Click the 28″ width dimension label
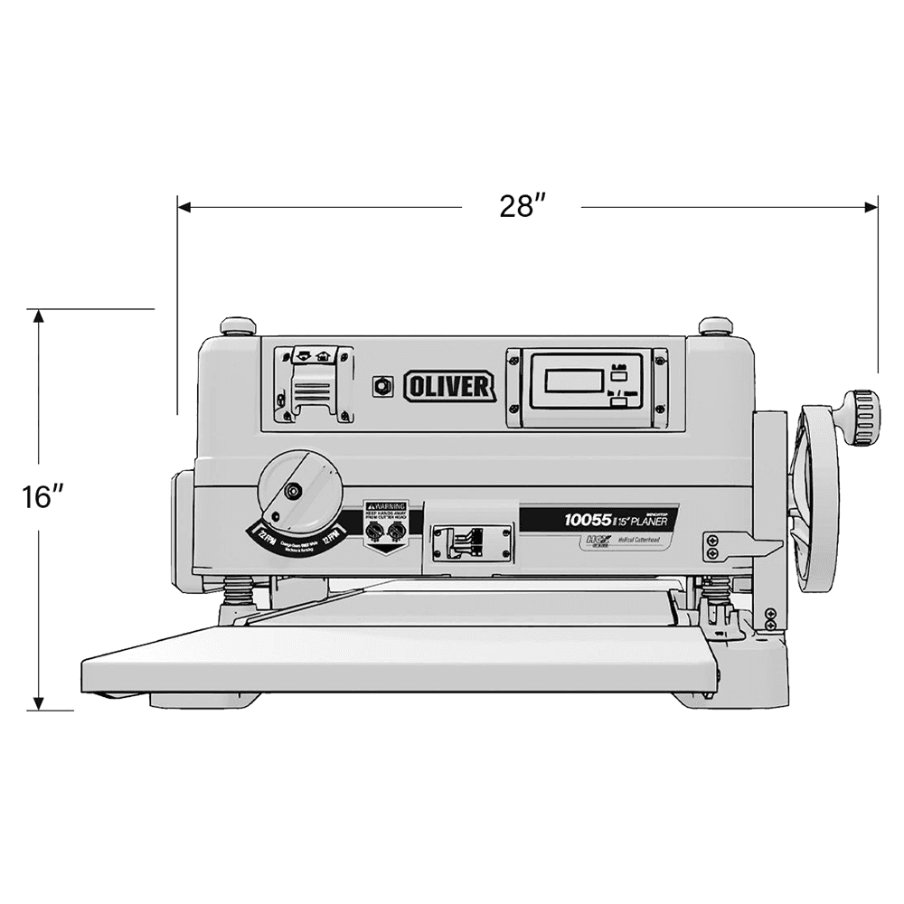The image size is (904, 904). tap(521, 207)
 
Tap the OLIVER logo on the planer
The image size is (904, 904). tap(449, 387)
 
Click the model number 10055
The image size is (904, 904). tap(588, 520)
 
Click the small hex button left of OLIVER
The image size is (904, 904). tap(382, 385)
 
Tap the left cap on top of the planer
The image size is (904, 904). tap(238, 325)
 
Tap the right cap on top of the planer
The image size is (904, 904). tap(715, 325)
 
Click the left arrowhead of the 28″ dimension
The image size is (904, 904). tap(184, 207)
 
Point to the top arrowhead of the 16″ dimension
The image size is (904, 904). tap(38, 316)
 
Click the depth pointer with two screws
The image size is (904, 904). tap(737, 546)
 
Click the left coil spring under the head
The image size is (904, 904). tap(239, 592)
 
